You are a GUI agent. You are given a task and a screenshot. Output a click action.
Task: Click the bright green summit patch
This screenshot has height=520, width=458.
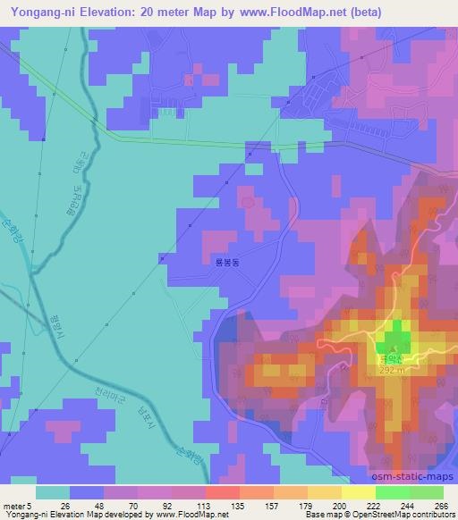click(x=394, y=341)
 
